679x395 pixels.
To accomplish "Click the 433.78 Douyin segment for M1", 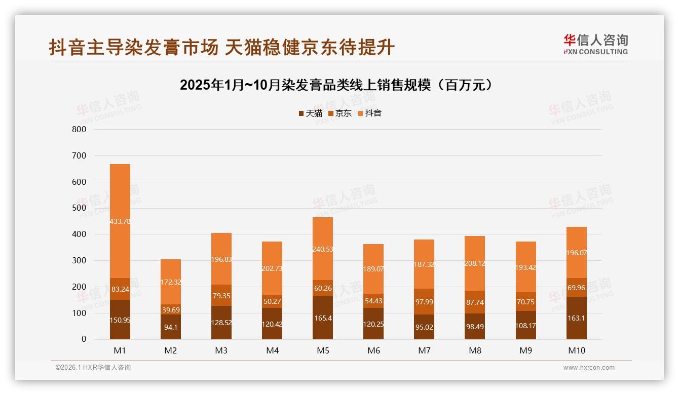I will tap(120, 221).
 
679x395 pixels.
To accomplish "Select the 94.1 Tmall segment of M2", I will tap(171, 327).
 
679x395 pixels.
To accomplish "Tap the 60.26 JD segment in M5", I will tap(323, 288).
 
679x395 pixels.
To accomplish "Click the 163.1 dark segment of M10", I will tap(577, 318).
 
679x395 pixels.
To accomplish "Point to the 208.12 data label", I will tap(475, 264).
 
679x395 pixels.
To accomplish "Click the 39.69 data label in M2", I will tap(171, 310).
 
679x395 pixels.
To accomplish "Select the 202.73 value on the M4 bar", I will tap(272, 268).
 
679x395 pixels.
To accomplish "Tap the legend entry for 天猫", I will tap(310, 113).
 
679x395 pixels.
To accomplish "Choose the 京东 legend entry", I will tap(340, 113).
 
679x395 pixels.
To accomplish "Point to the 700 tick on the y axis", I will tap(80, 155).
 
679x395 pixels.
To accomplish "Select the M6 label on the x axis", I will tap(373, 350).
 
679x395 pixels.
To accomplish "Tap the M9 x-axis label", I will tap(526, 350).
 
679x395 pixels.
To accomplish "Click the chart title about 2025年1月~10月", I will tap(336, 85).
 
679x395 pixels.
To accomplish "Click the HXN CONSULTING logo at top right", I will tap(595, 45).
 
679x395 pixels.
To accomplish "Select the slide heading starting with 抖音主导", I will tap(221, 47).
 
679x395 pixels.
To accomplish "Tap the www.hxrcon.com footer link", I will tap(589, 368).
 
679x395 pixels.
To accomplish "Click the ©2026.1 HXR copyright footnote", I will tap(93, 368).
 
